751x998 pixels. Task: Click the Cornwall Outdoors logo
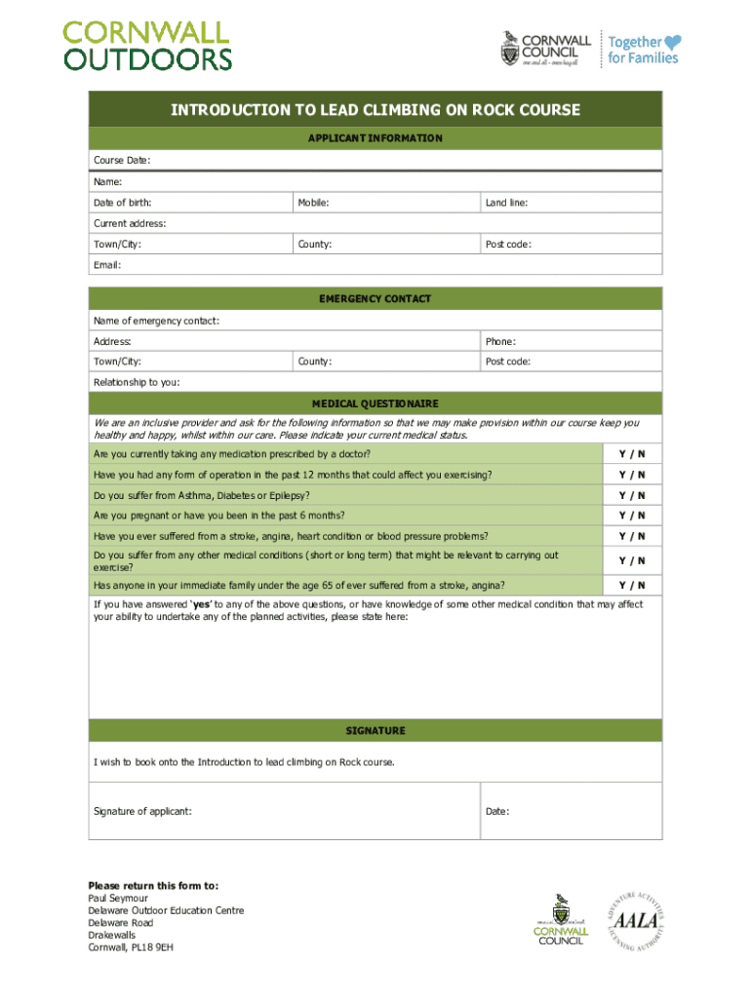pyautogui.click(x=148, y=45)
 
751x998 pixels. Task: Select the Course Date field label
pyautogui.click(x=122, y=160)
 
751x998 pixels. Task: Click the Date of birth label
pyautogui.click(x=122, y=203)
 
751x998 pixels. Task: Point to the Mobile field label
pyautogui.click(x=313, y=203)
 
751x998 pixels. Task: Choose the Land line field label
pyautogui.click(x=506, y=203)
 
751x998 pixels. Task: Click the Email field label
pyautogui.click(x=107, y=264)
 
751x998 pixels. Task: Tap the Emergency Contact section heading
pyautogui.click(x=375, y=299)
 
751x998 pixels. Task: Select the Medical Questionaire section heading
pyautogui.click(x=375, y=403)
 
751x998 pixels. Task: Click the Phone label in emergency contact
pyautogui.click(x=500, y=341)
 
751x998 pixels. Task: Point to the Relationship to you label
pyautogui.click(x=137, y=382)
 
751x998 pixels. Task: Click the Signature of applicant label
pyautogui.click(x=142, y=811)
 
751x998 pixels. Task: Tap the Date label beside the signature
pyautogui.click(x=497, y=811)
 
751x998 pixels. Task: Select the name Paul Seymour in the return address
pyautogui.click(x=118, y=898)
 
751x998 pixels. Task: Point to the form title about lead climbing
pyautogui.click(x=375, y=110)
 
